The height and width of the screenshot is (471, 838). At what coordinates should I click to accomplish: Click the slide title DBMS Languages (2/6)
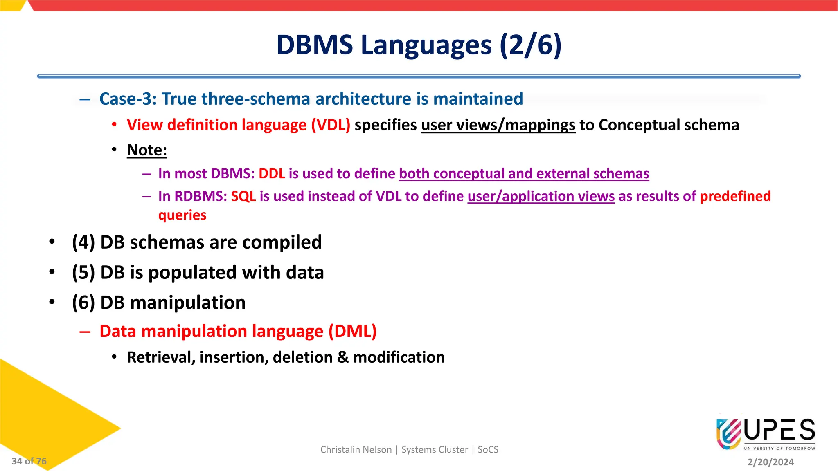pyautogui.click(x=419, y=45)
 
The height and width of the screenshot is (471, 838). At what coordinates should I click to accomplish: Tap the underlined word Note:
pyautogui.click(x=147, y=150)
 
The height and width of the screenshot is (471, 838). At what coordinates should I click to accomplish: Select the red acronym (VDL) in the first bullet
pyautogui.click(x=331, y=125)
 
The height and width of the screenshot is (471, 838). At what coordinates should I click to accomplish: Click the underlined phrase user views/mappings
pyautogui.click(x=498, y=125)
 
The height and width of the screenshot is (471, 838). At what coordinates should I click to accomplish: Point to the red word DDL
pyautogui.click(x=272, y=174)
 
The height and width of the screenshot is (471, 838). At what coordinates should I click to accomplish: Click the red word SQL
pyautogui.click(x=243, y=196)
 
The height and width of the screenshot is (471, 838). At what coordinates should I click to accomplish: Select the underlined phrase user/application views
pyautogui.click(x=541, y=196)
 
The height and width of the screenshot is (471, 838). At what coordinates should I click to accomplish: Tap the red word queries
pyautogui.click(x=182, y=215)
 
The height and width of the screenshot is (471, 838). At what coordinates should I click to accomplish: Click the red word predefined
pyautogui.click(x=735, y=196)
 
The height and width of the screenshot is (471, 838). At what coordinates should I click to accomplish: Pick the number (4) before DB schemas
pyautogui.click(x=83, y=242)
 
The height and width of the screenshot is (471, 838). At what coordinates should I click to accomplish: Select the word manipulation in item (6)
pyautogui.click(x=187, y=303)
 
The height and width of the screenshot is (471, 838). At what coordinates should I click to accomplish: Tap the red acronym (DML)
pyautogui.click(x=352, y=332)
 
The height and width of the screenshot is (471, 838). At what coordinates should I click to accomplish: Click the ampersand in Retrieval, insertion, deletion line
pyautogui.click(x=342, y=358)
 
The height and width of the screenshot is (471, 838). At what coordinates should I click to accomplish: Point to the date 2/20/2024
pyautogui.click(x=770, y=462)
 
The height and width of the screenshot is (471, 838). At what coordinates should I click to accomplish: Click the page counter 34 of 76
pyautogui.click(x=29, y=461)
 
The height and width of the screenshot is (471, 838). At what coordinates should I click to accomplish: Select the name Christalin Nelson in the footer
pyautogui.click(x=356, y=450)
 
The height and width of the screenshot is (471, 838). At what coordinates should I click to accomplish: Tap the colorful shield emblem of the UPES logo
pyautogui.click(x=728, y=434)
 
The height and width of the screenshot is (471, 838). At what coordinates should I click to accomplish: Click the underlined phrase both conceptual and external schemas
pyautogui.click(x=524, y=174)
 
